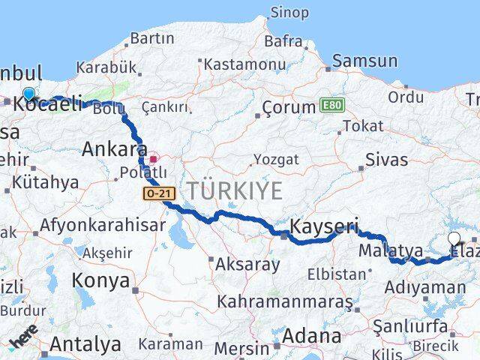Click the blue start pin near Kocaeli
point(28,94)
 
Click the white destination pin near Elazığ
point(454,240)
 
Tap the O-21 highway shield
point(159,193)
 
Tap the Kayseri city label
point(324,226)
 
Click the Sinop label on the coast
point(289,13)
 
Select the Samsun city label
point(364,61)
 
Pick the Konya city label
point(100,280)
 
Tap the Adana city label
point(312,336)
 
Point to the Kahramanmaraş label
point(284,301)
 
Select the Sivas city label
point(387,159)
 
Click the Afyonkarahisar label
point(102,224)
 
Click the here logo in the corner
point(24,340)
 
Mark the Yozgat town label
point(275,160)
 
